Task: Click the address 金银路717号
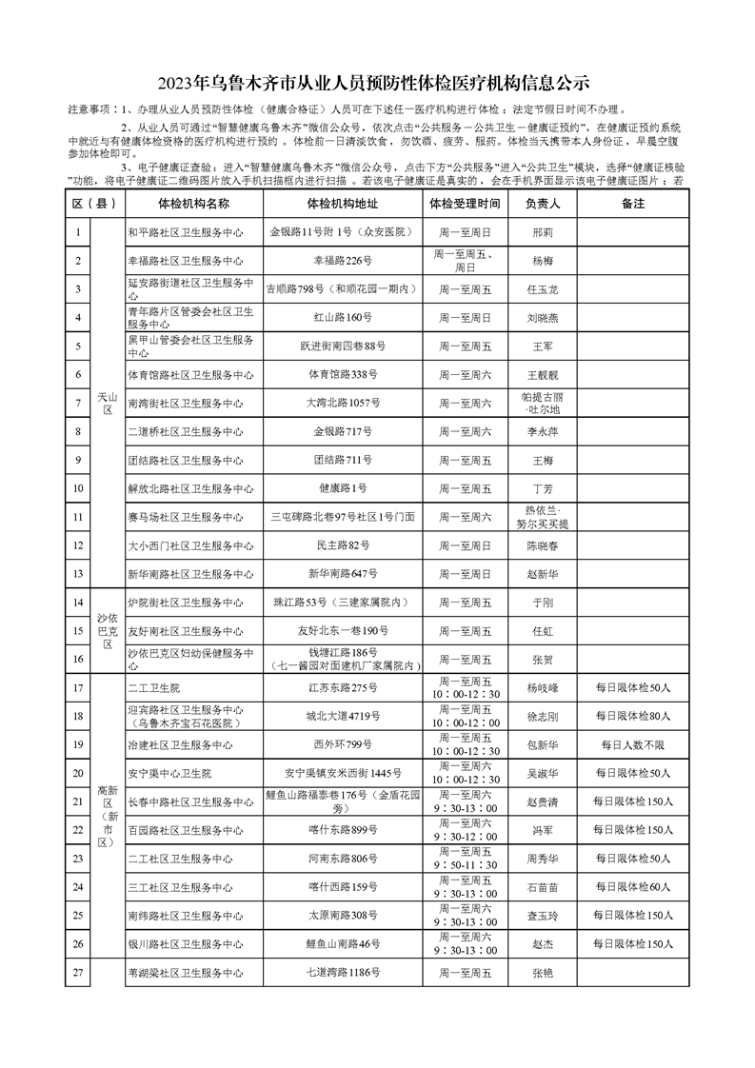(x=342, y=431)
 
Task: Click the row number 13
(x=78, y=574)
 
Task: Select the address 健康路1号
(x=342, y=488)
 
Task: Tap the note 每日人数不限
(x=633, y=744)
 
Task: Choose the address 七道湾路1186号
(x=342, y=973)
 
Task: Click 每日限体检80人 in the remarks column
(x=633, y=716)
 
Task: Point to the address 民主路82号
(x=342, y=545)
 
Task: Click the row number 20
(x=78, y=773)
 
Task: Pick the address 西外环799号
(x=342, y=744)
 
